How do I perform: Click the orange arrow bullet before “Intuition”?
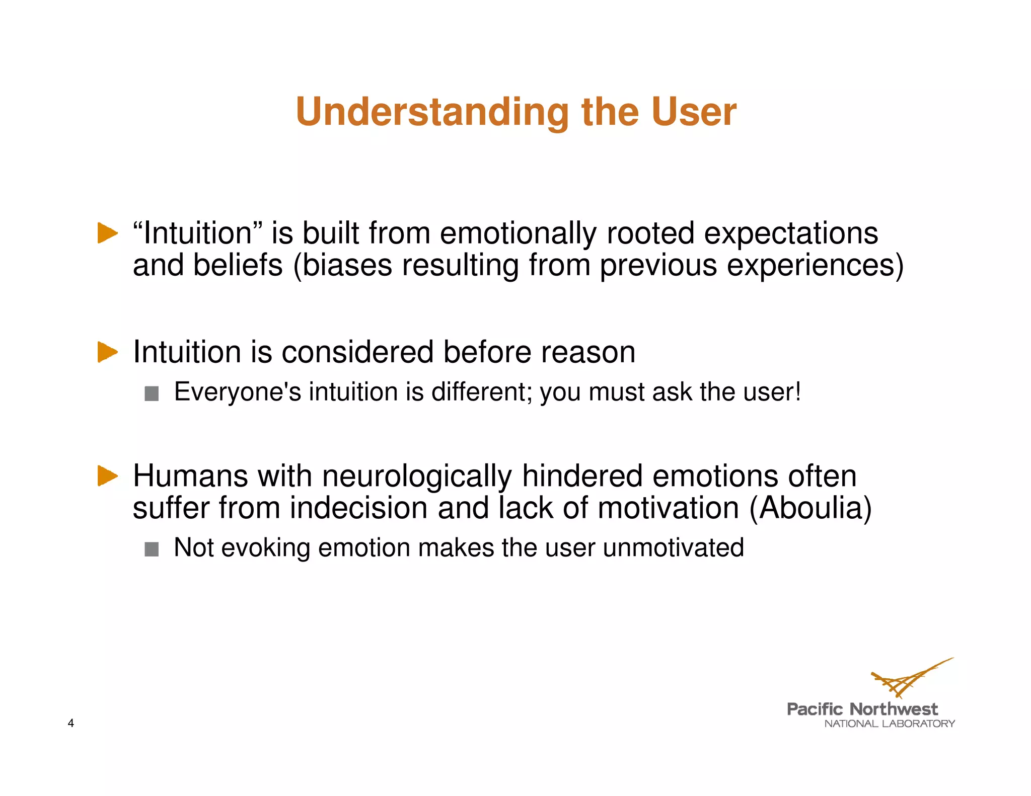coord(107,233)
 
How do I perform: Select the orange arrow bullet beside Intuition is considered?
coord(107,352)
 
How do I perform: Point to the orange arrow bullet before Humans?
coord(107,475)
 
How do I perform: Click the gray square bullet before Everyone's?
coord(152,393)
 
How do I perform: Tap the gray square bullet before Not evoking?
coord(152,549)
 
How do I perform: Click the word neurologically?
coord(417,476)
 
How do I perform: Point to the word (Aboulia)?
coord(811,508)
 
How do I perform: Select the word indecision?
coord(358,508)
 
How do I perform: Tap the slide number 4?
coord(71,723)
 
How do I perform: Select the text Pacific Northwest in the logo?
coord(862,709)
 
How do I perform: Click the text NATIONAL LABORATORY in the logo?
coord(889,724)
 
